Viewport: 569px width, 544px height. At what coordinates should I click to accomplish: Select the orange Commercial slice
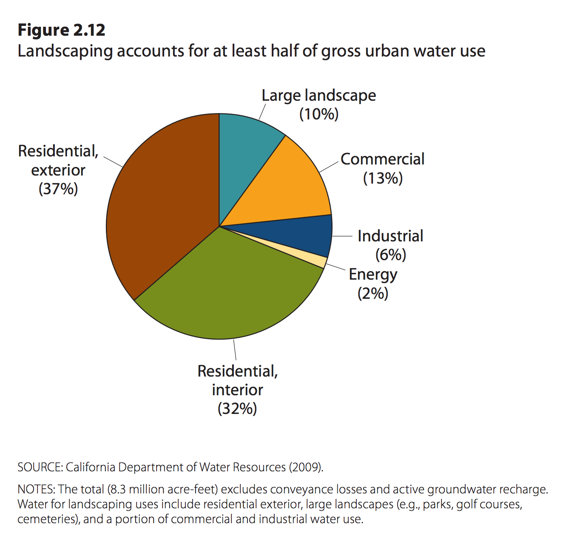point(289,187)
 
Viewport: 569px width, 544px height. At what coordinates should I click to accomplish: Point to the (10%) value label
point(319,114)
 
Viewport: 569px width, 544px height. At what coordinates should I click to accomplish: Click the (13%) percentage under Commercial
point(383,178)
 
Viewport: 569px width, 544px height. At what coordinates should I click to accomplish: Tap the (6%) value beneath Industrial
point(390,255)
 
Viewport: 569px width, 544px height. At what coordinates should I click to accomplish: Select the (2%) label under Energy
point(373,293)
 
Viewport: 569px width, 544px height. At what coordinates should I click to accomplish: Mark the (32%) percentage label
point(237,408)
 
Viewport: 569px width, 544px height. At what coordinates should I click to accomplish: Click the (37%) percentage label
point(58,189)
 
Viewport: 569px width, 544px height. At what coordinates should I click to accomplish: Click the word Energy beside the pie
point(373,275)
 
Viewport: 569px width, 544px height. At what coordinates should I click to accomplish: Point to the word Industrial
point(390,236)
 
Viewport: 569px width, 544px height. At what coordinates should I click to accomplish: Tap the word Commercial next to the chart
point(383,159)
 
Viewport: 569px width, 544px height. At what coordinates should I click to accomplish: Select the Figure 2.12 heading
point(62,30)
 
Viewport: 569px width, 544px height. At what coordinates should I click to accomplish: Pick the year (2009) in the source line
point(306,467)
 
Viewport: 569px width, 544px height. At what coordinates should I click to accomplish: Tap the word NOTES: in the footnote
point(36,489)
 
